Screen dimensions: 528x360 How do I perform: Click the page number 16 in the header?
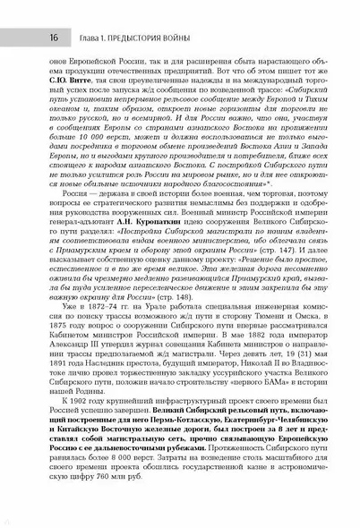coord(29,12)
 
